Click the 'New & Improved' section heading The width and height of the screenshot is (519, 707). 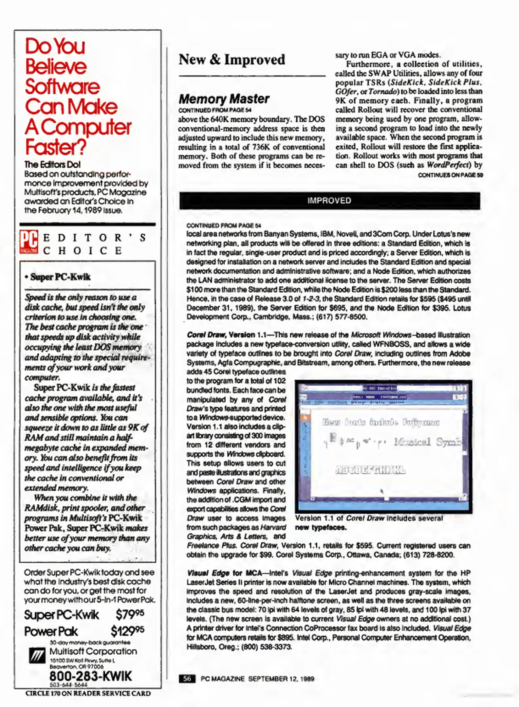coord(232,60)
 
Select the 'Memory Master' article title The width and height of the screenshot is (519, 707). coord(224,99)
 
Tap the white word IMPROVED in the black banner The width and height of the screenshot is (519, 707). coord(329,201)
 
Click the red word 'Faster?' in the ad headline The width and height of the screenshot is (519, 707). coord(56,147)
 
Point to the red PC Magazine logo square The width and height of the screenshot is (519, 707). coord(28,242)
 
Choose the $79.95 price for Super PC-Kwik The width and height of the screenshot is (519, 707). coord(130,614)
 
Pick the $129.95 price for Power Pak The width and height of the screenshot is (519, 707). coord(127,631)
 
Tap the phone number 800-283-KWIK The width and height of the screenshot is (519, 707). coord(90,676)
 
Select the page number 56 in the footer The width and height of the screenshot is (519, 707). coord(187,679)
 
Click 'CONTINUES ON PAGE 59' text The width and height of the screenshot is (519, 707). coord(450,175)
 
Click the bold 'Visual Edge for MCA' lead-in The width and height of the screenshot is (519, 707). coord(224,573)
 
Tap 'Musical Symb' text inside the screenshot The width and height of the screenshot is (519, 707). coord(427,442)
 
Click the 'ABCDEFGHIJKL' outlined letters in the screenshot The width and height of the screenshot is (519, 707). coord(370,470)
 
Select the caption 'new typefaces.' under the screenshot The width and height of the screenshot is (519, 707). coord(321,527)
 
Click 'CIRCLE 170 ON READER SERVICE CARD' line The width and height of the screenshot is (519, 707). coord(88,694)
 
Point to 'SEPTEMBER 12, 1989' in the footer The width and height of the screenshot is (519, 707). coord(281,679)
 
